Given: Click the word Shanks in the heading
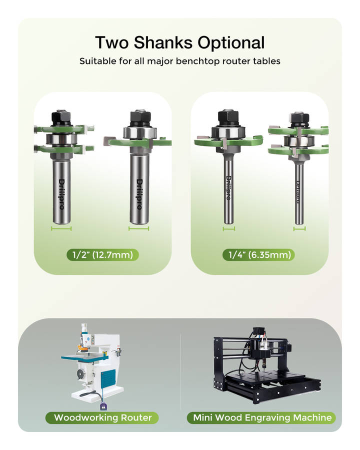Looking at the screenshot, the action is pyautogui.click(x=163, y=42).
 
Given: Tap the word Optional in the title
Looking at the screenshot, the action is pyautogui.click(x=231, y=43).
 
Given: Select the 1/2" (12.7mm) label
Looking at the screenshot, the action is pyautogui.click(x=102, y=255).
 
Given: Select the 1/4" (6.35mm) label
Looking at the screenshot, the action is pyautogui.click(x=258, y=255).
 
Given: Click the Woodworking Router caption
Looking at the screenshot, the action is pyautogui.click(x=102, y=417).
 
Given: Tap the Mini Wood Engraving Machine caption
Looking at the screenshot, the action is pyautogui.click(x=262, y=417).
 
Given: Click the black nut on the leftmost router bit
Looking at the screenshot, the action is pyautogui.click(x=61, y=118).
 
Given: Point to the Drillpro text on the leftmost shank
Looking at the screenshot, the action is pyautogui.click(x=61, y=194).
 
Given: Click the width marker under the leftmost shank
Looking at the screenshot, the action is pyautogui.click(x=61, y=228).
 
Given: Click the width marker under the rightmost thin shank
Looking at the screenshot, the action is pyautogui.click(x=299, y=228).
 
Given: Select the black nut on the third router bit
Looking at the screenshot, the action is pyautogui.click(x=228, y=118).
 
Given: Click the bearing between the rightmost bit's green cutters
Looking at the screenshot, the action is pyautogui.click(x=299, y=141).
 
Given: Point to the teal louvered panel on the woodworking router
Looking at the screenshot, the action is pyautogui.click(x=108, y=378).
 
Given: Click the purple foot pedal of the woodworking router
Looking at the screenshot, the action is pyautogui.click(x=103, y=407).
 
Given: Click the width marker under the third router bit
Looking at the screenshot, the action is pyautogui.click(x=229, y=228).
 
